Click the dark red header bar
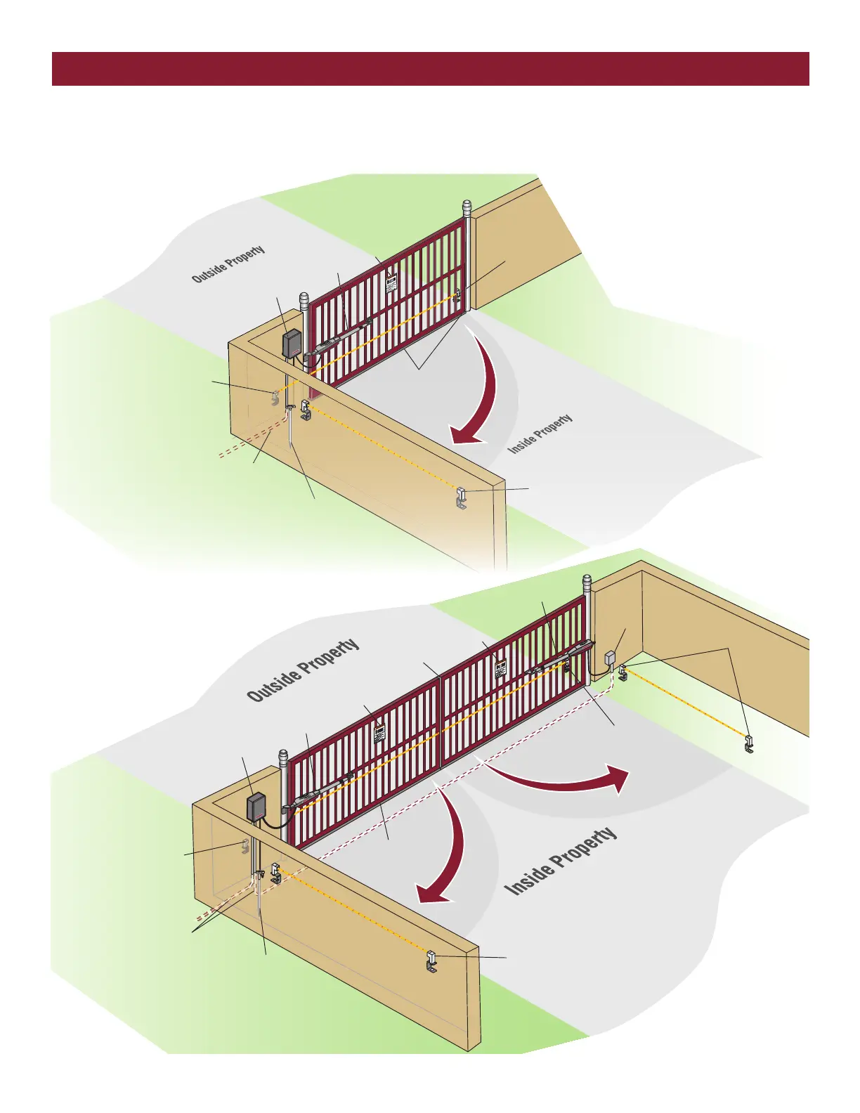[430, 68]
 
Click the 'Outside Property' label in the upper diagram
[228, 264]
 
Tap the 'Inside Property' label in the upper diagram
[540, 434]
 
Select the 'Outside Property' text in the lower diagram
[303, 670]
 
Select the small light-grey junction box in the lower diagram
[610, 658]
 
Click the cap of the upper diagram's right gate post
[467, 208]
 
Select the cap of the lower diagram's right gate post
[587, 582]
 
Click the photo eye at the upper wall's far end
[462, 497]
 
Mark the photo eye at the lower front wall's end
[432, 961]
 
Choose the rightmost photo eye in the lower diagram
[750, 743]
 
